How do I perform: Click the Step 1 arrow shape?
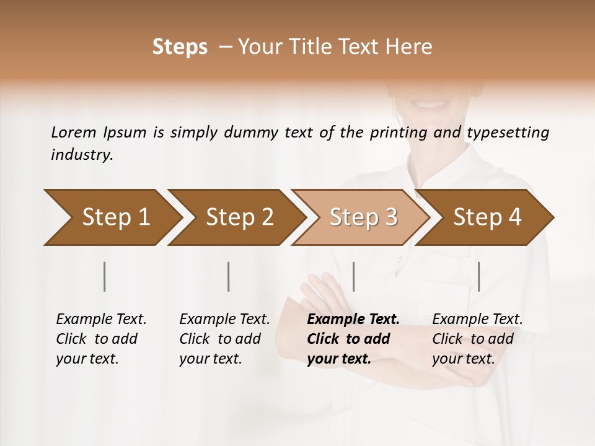(112, 217)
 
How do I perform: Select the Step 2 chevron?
(239, 217)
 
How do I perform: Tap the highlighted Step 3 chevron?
(363, 217)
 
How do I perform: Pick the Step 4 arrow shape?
(487, 217)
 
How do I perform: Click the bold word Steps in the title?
(180, 47)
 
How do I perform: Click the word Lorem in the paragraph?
(74, 133)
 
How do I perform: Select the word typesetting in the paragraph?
(508, 133)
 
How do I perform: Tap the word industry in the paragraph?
(81, 155)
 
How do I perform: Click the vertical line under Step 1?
(105, 276)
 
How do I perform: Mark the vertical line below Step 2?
(229, 276)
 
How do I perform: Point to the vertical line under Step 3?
(353, 276)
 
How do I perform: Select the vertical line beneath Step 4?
(479, 276)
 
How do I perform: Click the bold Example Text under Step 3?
(353, 320)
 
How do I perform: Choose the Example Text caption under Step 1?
(101, 320)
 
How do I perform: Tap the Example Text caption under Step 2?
(224, 320)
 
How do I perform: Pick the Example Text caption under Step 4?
(477, 320)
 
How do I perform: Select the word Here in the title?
(412, 47)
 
